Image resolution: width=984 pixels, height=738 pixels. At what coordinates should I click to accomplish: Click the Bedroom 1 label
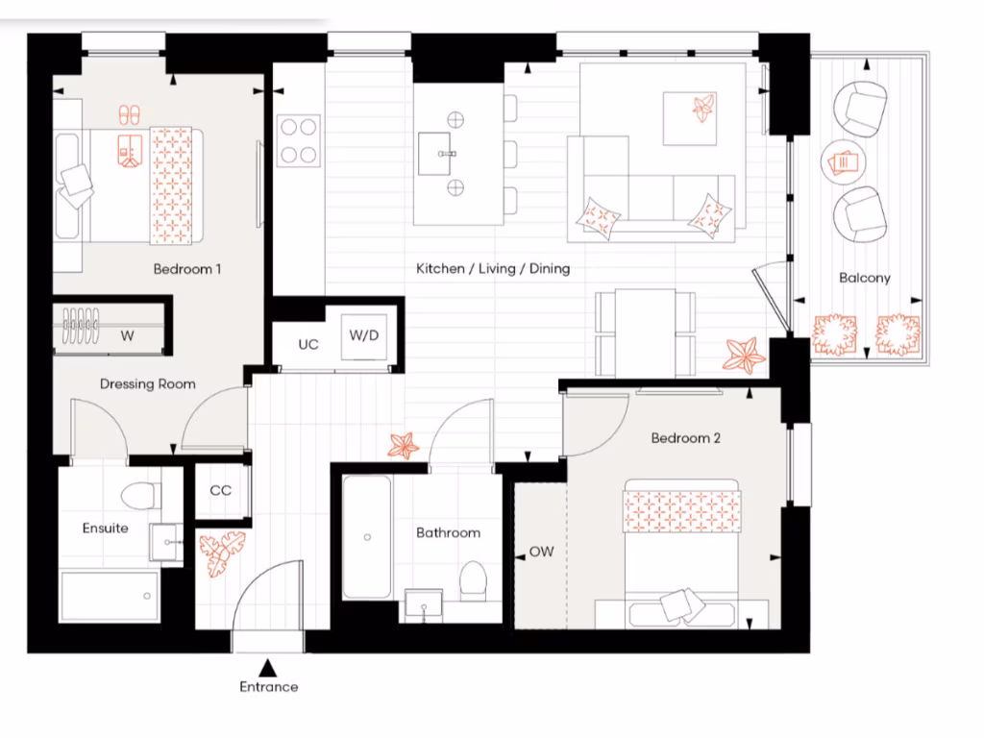187,269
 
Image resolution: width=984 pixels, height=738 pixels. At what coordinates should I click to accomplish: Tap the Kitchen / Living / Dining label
493,269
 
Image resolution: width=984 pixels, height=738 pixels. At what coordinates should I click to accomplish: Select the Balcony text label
865,278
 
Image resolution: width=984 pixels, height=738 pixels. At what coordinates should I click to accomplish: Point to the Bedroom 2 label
685,438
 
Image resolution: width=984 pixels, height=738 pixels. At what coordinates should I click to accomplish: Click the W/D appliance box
364,335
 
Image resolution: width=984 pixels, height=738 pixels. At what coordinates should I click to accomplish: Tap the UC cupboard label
307,344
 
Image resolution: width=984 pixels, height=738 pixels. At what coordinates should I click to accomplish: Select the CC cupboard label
221,490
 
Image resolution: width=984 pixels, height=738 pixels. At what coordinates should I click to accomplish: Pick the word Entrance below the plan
268,687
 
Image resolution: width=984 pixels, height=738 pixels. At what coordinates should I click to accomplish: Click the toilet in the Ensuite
140,495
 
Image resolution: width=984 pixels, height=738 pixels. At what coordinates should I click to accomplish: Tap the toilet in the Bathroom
473,580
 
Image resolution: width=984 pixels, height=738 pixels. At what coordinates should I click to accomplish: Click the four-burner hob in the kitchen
298,140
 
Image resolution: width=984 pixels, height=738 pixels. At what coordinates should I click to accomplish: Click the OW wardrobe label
541,553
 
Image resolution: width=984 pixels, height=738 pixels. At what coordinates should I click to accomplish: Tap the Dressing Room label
148,384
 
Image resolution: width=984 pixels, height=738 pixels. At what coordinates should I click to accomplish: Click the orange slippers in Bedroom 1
130,114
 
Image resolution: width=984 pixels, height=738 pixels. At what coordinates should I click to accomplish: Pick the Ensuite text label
105,529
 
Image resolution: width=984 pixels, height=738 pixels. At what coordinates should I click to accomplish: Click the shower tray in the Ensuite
110,597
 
